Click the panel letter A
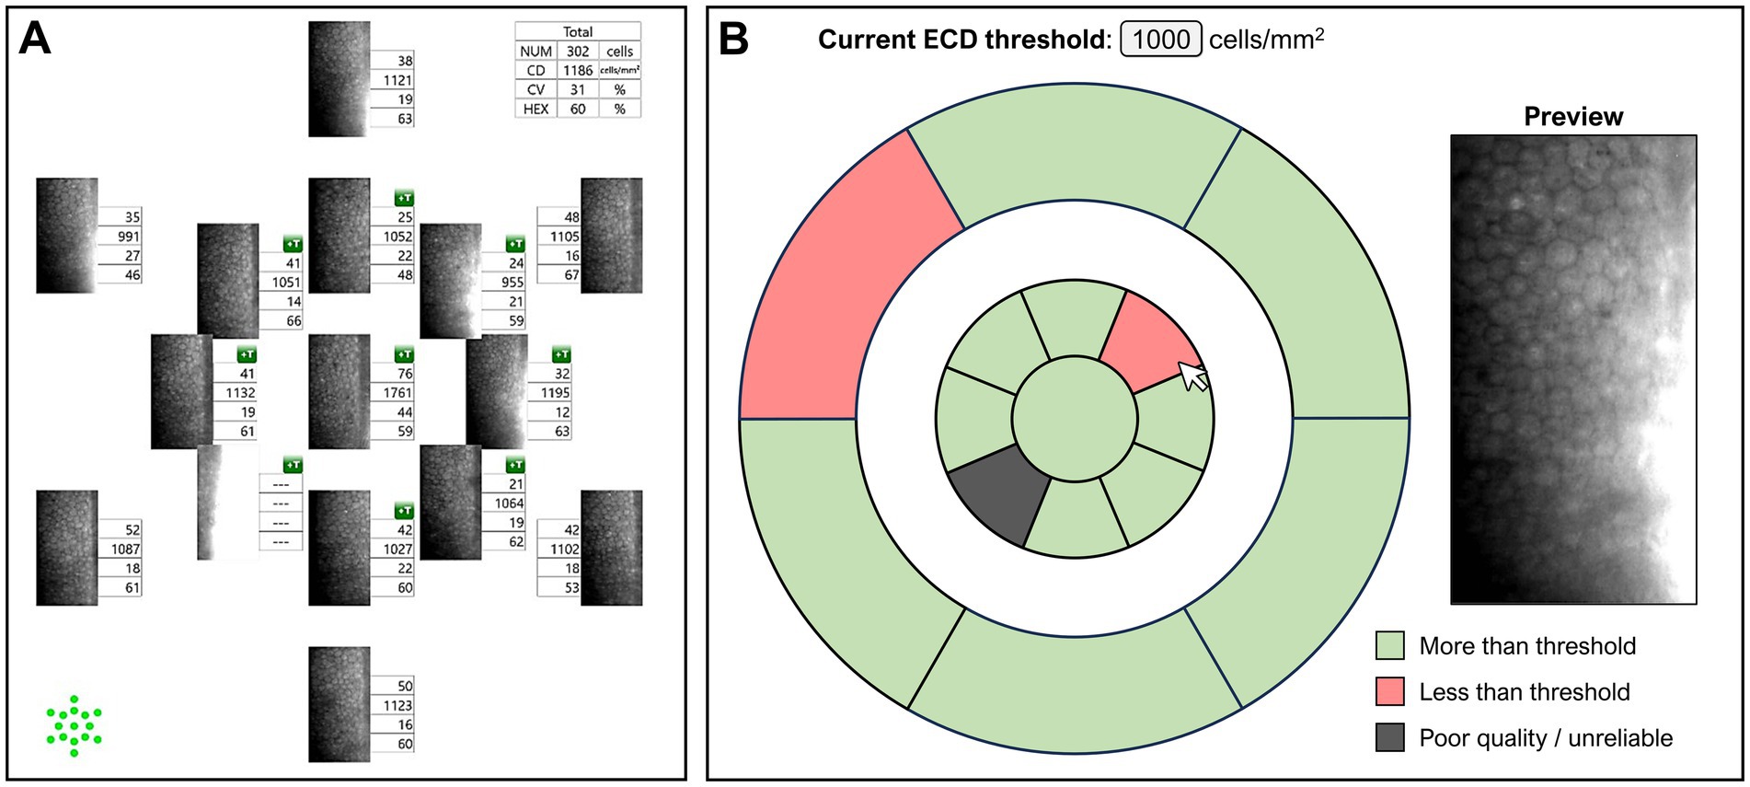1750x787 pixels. tap(35, 39)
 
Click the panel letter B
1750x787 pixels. tap(733, 39)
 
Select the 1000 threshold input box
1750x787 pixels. tap(1160, 40)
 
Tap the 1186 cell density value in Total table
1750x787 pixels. tap(578, 71)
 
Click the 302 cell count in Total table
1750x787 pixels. tap(578, 52)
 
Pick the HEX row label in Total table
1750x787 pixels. tap(535, 109)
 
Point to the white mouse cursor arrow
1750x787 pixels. tap(1192, 376)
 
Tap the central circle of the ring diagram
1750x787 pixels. tap(1075, 419)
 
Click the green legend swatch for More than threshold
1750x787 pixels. tap(1389, 645)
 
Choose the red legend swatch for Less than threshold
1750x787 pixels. tap(1389, 691)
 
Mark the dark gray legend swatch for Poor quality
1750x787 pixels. tap(1389, 737)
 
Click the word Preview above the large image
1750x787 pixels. tap(1572, 117)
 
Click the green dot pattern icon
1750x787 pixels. tap(74, 726)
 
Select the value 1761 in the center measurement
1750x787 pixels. tap(397, 393)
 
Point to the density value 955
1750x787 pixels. tap(512, 283)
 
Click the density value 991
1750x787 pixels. tap(128, 237)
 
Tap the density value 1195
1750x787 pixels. tap(555, 393)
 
